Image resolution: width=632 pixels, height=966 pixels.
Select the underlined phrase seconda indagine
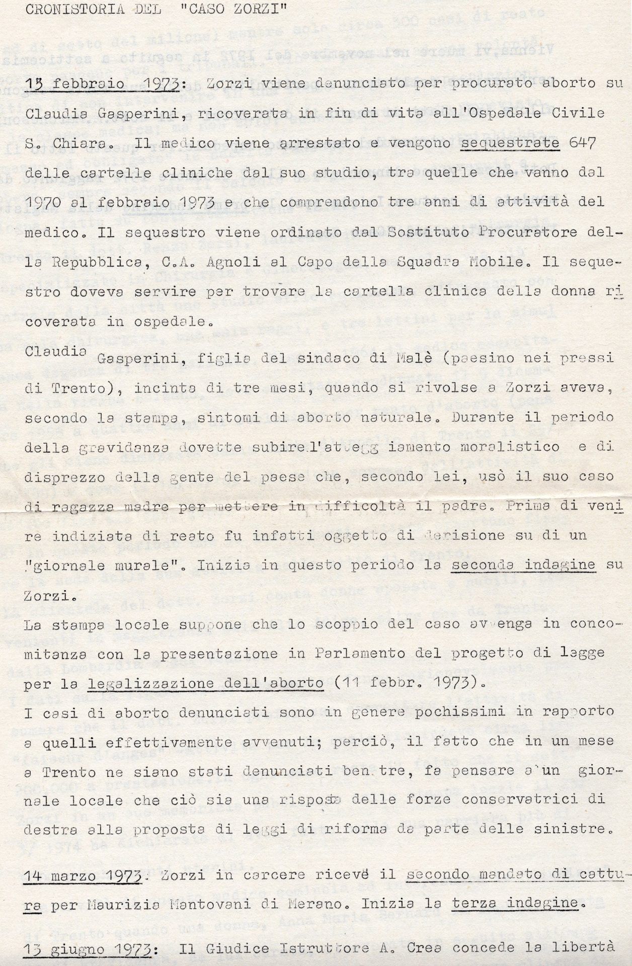[x=523, y=565]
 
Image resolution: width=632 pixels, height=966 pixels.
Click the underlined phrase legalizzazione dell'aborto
[x=205, y=683]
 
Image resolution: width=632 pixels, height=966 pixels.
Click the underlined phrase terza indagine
[x=514, y=904]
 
